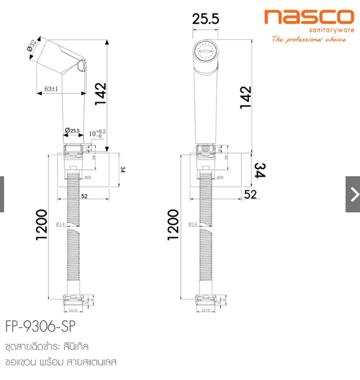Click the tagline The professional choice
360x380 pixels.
[309, 40]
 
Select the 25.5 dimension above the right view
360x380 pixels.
[206, 19]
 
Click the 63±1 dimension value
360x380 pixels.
[51, 89]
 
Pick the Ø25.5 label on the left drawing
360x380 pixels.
[72, 131]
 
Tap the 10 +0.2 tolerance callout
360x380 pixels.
[97, 133]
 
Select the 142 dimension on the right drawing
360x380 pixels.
[246, 96]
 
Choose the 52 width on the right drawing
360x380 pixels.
[250, 195]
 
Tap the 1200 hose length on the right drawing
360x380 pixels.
[174, 224]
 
